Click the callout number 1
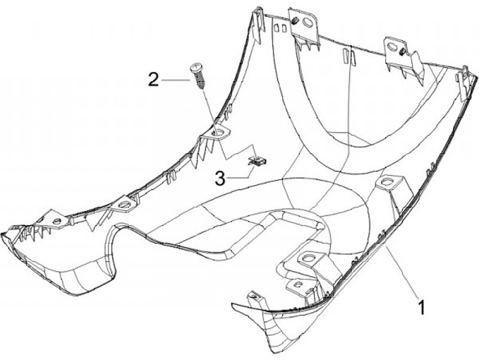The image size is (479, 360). click(x=420, y=309)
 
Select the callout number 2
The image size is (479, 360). click(x=154, y=81)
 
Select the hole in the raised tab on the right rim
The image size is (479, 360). click(x=387, y=182)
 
